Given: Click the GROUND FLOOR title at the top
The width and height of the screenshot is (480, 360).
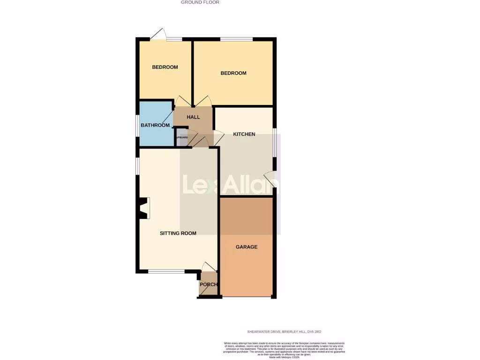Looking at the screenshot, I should point(200,2).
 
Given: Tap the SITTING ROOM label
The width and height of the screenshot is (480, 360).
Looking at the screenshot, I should point(178,233).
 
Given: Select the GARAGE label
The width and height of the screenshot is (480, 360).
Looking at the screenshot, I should point(246,247).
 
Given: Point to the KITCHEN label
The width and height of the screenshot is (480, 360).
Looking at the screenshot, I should point(244,135).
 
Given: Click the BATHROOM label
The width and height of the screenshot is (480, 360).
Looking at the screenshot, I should point(155,125).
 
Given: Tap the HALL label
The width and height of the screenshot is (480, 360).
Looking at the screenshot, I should point(193,117).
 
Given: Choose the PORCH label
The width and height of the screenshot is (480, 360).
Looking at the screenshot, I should point(208,285).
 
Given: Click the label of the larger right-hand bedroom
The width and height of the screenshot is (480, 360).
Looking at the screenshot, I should point(233,73).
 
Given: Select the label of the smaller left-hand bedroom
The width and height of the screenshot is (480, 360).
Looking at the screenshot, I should point(165,67).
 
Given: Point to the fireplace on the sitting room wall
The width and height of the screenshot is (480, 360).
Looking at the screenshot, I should point(143,208).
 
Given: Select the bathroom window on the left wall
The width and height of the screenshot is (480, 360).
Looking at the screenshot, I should point(138,125).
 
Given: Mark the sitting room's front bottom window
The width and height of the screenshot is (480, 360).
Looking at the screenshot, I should point(166,271).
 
